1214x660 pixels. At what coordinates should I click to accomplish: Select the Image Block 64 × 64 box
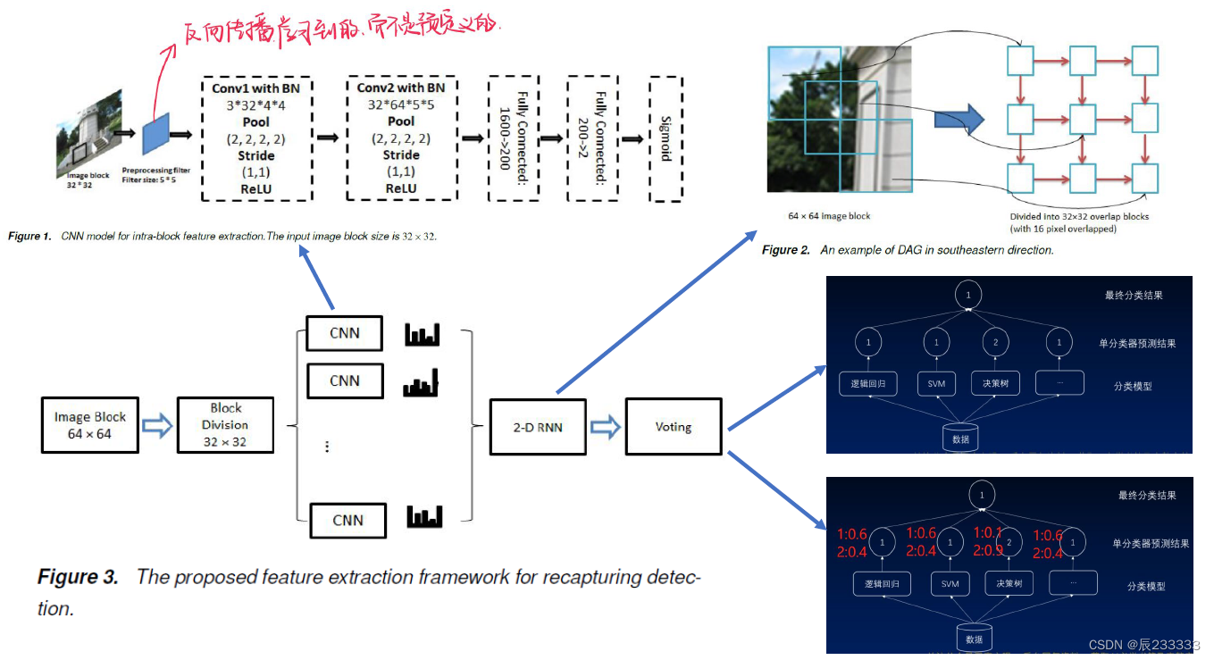coord(90,425)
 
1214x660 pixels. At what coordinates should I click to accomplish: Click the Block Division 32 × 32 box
coord(225,425)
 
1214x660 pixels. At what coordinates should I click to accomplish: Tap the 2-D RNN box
coord(538,427)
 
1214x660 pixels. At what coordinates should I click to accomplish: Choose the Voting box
coord(673,427)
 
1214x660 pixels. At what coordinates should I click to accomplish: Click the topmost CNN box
coord(344,333)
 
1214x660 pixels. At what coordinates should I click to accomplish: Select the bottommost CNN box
coord(347,520)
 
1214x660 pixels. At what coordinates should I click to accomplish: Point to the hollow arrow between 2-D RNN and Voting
coord(606,427)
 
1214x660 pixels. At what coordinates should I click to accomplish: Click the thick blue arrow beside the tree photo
coord(955,119)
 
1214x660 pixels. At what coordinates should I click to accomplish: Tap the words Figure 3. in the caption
coord(78,577)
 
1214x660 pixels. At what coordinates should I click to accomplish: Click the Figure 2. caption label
coord(786,250)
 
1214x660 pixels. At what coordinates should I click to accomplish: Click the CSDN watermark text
coord(1105,645)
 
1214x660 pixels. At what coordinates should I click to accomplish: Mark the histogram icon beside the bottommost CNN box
coord(424,516)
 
